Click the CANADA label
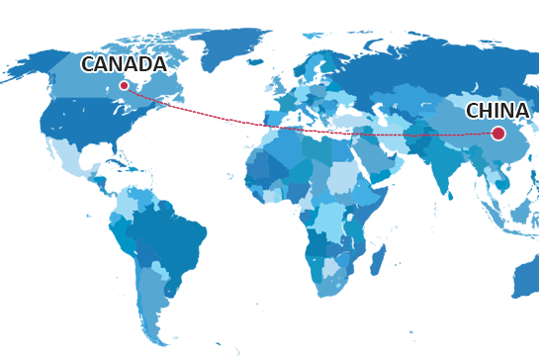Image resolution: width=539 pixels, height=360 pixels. (x=124, y=64)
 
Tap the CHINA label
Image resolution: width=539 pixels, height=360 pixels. (x=497, y=111)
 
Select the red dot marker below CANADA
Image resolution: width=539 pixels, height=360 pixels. (x=124, y=85)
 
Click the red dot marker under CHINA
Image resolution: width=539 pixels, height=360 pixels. (x=498, y=134)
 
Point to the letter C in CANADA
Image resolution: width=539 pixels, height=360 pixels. (x=88, y=64)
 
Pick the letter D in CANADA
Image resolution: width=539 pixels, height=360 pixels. (x=144, y=64)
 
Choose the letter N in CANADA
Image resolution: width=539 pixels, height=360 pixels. (x=116, y=64)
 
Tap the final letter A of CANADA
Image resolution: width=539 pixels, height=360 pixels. (x=159, y=64)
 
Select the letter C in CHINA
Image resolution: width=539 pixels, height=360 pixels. (x=473, y=111)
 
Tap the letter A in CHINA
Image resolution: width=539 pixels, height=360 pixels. (x=523, y=111)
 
